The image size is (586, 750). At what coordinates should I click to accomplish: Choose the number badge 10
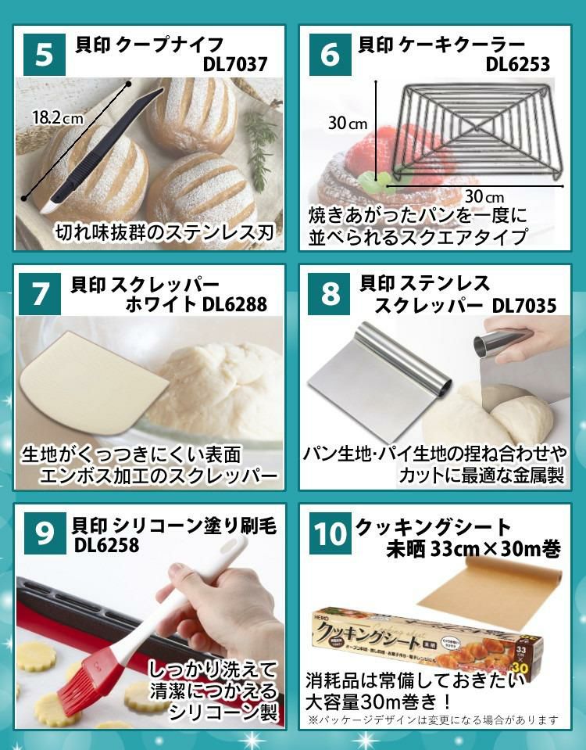pyautogui.click(x=329, y=534)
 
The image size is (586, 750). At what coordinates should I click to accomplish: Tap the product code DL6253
pyautogui.click(x=517, y=64)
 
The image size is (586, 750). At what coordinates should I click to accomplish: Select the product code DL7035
pyautogui.click(x=524, y=305)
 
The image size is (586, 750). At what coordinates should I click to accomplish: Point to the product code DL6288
pyautogui.click(x=234, y=304)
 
